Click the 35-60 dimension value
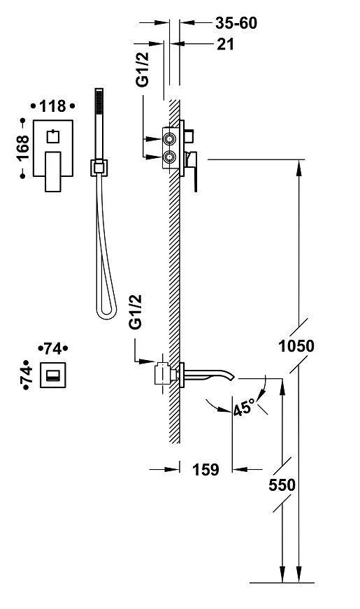click(236, 23)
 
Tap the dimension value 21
click(225, 44)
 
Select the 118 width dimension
click(53, 106)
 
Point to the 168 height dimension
click(22, 148)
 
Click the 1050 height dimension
click(296, 345)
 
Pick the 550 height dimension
click(282, 485)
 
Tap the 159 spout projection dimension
click(206, 470)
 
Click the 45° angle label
click(245, 408)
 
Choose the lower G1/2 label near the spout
click(136, 312)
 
